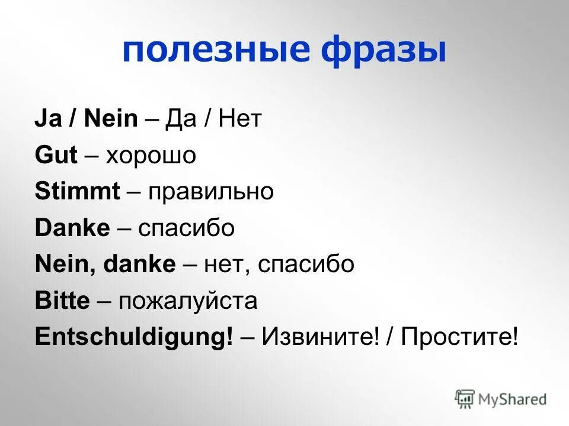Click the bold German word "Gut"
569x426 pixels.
tap(56, 156)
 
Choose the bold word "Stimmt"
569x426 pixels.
tap(78, 192)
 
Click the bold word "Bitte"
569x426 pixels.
tap(62, 301)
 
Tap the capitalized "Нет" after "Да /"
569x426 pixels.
tap(239, 120)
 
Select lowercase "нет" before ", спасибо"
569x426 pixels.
tap(222, 264)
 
